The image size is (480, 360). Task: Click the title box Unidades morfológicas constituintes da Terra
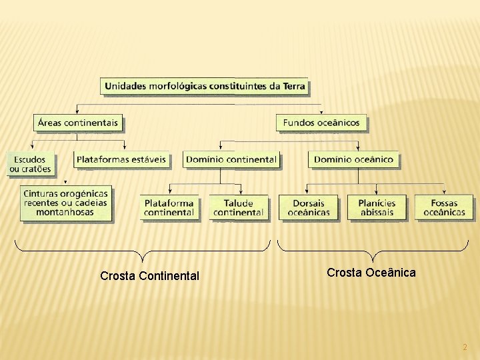point(204,86)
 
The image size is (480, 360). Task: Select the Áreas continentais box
point(78,123)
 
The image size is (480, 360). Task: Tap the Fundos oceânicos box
point(321,123)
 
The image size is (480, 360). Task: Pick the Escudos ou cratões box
point(30,164)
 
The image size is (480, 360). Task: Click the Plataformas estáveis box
point(121,159)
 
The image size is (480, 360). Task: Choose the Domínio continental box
point(231,159)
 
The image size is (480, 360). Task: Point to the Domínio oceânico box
point(353,159)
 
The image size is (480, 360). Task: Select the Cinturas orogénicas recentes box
point(65,203)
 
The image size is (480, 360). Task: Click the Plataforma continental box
point(169,207)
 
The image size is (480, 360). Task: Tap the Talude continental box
point(239,207)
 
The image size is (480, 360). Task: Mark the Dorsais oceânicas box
point(309,207)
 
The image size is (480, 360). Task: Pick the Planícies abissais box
point(377,207)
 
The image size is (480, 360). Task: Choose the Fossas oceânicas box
point(444,207)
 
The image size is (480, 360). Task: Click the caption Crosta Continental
point(149,275)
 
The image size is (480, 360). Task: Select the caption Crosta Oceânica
point(371,272)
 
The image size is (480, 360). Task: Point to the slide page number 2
point(465,347)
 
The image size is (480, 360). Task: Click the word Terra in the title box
point(293,86)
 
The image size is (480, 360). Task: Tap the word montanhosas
point(65,213)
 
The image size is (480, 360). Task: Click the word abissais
point(377,213)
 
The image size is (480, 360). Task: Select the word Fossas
point(444,203)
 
